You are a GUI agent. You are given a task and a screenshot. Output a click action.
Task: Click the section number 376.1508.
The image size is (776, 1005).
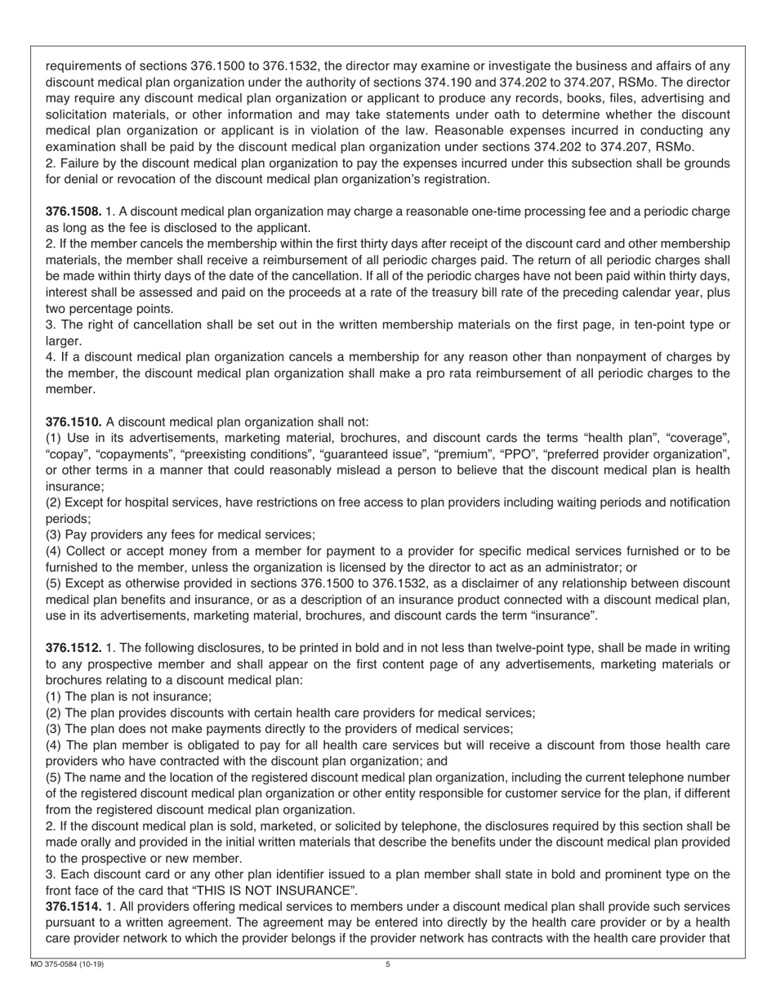74,212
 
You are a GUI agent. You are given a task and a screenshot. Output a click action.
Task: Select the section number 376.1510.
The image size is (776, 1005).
74,422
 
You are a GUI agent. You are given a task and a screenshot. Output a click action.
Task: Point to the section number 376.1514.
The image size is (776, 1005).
74,906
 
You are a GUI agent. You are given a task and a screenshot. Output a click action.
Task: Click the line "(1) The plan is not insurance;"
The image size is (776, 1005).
129,697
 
